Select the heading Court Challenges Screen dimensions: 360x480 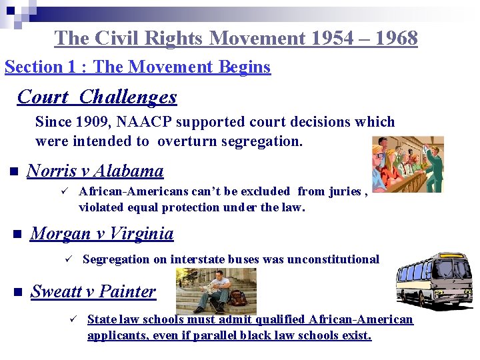pos(97,97)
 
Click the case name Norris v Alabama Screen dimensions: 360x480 pos(95,171)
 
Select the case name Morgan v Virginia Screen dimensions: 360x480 pos(102,234)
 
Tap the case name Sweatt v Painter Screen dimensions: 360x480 pos(93,291)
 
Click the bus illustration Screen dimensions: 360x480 pos(434,279)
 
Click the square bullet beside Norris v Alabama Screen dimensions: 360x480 pos(12,172)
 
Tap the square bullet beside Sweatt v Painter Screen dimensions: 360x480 pos(17,292)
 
